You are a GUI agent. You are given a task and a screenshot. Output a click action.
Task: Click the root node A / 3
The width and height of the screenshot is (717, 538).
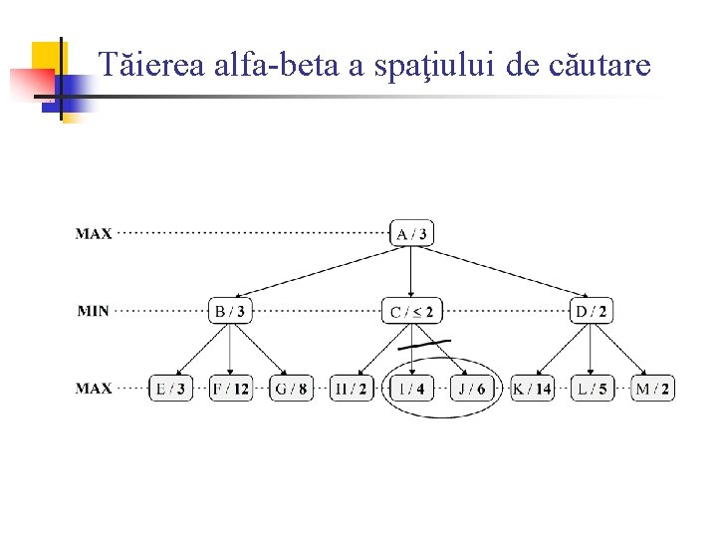point(412,234)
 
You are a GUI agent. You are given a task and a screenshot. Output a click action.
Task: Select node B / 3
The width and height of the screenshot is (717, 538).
point(230,311)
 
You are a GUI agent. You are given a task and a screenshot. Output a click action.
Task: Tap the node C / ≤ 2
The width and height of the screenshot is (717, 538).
point(412,311)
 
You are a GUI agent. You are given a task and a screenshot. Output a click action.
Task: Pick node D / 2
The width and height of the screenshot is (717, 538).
point(592,311)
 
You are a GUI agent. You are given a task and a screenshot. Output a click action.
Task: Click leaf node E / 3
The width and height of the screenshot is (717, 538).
point(169,388)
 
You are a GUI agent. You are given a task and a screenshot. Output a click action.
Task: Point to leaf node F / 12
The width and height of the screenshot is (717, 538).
point(230,388)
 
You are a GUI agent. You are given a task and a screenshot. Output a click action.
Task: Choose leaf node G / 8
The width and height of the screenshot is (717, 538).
point(291,388)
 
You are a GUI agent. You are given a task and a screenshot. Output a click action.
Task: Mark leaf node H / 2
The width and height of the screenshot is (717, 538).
point(351,388)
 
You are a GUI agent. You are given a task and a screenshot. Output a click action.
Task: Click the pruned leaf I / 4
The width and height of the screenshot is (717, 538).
point(411,388)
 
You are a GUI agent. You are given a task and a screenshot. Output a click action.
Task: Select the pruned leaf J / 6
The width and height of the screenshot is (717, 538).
point(470,388)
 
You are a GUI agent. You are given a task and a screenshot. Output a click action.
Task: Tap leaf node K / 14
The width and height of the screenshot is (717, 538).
point(532,388)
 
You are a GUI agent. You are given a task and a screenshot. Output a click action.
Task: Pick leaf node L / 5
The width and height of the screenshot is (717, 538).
point(592,388)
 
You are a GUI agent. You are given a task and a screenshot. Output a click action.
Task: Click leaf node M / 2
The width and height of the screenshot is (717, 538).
point(652,388)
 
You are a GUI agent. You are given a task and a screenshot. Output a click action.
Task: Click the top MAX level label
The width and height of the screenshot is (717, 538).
point(94,234)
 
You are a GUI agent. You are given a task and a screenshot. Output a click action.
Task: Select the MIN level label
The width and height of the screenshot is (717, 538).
point(94,311)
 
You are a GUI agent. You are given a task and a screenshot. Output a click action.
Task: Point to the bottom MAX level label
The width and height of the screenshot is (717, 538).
point(94,388)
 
